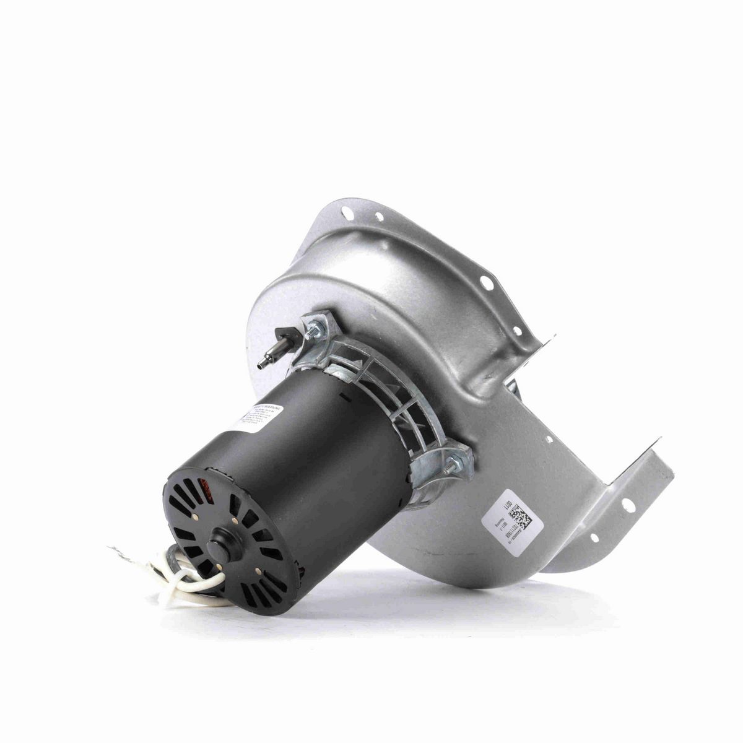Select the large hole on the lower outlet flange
pyautogui.click(x=628, y=505)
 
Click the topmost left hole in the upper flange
pyautogui.click(x=349, y=214)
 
